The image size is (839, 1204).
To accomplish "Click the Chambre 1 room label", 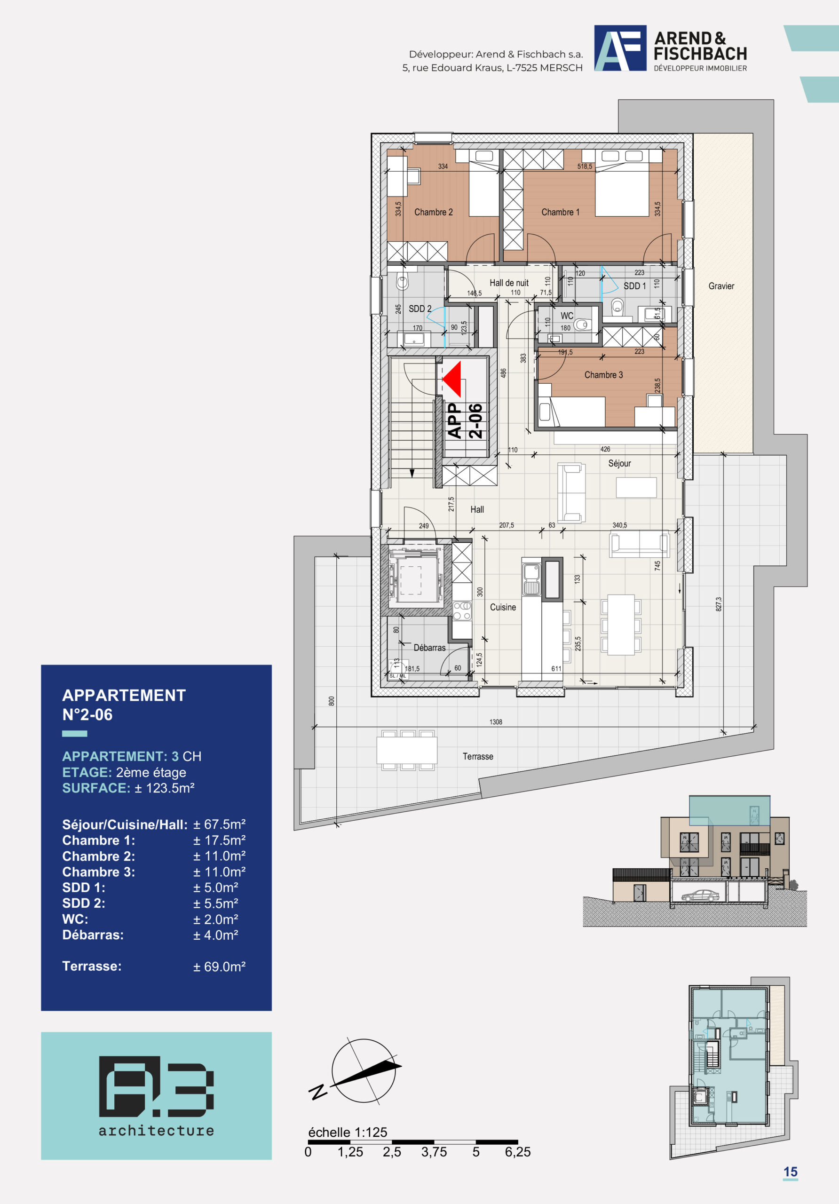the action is click(560, 212).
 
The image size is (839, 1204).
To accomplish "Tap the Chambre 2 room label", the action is click(433, 212).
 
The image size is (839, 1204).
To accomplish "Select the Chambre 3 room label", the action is click(603, 374).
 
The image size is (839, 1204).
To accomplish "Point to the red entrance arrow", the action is click(451, 379).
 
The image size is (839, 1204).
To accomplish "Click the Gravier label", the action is click(721, 286).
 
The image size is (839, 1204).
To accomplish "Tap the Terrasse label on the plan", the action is click(478, 756).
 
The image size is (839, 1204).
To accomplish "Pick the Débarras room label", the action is click(429, 648).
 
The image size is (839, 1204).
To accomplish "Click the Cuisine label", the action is click(503, 607).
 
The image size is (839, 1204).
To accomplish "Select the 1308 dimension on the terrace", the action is click(496, 722).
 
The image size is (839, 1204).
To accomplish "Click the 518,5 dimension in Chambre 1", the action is click(585, 166).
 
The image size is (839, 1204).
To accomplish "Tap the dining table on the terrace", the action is click(407, 750).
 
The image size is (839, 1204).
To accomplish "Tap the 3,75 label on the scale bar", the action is click(434, 1152).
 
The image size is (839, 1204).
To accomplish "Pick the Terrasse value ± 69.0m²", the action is click(219, 966).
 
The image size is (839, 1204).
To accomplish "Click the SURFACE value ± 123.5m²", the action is click(165, 788).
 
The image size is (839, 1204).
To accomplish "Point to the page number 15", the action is click(790, 1172).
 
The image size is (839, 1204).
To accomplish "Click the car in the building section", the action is click(701, 895).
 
